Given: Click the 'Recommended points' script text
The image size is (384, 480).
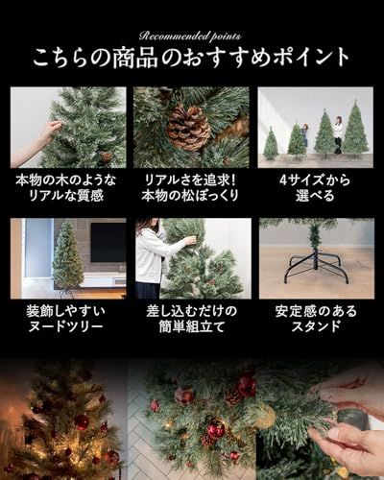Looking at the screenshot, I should click(x=192, y=33).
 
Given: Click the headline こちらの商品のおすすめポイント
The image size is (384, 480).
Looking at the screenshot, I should click(x=192, y=59).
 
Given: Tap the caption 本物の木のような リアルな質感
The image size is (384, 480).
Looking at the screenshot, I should click(x=68, y=189).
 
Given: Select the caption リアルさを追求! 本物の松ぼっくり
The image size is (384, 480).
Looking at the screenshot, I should click(x=192, y=189).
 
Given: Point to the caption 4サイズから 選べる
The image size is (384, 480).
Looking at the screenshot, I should click(x=316, y=189).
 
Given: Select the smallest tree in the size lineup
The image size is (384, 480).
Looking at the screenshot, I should click(x=271, y=145).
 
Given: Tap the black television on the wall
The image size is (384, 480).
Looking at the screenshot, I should click(x=108, y=241).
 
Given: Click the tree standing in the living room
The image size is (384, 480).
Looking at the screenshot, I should click(x=67, y=257).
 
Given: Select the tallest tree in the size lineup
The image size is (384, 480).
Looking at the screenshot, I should click(x=356, y=131).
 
